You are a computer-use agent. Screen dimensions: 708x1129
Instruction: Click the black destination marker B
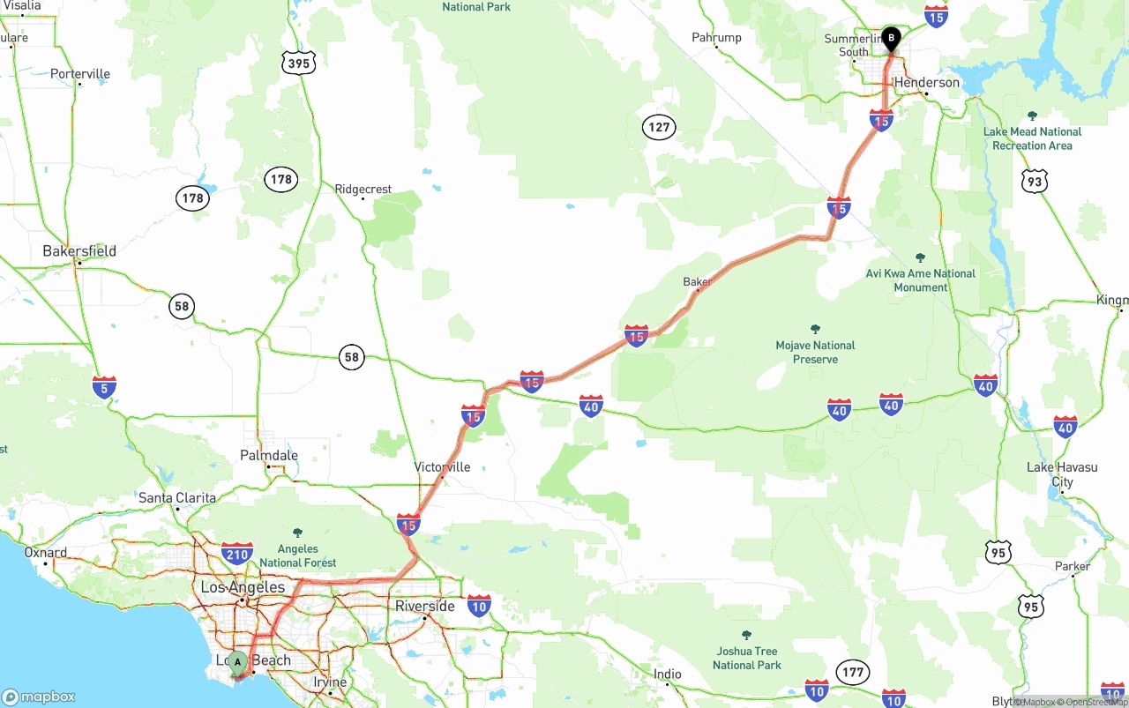891,39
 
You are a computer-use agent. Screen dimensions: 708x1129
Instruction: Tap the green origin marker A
236,662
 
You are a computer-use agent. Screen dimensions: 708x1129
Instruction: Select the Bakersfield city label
79,251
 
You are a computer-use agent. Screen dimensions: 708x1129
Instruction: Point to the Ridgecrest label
363,190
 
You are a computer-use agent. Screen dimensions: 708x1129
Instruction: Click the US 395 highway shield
299,63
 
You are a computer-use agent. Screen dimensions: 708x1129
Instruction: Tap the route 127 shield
659,127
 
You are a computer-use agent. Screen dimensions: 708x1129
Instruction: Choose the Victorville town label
442,467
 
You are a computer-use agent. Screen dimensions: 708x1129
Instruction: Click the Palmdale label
269,456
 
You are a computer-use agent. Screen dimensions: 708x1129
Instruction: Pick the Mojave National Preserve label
815,353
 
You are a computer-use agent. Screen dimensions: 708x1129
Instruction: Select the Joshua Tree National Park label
746,658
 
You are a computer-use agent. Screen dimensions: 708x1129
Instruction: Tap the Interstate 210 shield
236,554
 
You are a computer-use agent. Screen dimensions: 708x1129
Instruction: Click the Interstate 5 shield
104,386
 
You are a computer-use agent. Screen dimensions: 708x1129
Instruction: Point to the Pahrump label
716,38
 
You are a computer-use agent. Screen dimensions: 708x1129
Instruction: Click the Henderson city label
926,83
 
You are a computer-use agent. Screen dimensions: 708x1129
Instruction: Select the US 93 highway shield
1034,183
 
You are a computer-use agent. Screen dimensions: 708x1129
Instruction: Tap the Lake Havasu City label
1062,474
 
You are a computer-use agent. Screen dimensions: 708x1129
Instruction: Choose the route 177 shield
852,673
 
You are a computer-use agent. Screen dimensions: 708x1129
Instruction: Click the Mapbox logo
39,697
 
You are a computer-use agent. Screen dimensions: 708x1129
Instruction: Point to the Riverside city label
425,607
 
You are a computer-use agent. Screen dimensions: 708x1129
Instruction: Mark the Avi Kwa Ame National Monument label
921,280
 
